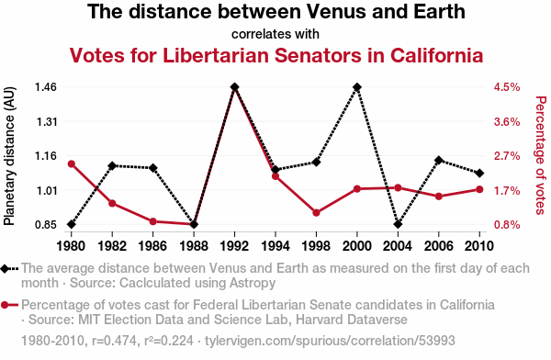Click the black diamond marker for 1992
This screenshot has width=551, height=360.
click(235, 87)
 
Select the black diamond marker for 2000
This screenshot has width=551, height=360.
click(357, 87)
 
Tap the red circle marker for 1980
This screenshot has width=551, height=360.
click(72, 164)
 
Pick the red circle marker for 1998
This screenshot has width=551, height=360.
click(316, 213)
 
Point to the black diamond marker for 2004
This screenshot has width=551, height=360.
click(398, 224)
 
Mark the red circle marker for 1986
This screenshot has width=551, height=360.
click(152, 221)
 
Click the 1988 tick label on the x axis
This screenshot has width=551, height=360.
click(194, 246)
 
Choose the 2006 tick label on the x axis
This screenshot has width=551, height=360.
click(439, 246)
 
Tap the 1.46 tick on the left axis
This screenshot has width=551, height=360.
click(46, 87)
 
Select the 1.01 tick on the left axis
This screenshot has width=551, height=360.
click(46, 190)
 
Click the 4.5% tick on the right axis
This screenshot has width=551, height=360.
click(507, 87)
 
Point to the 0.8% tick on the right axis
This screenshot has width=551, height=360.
click(507, 225)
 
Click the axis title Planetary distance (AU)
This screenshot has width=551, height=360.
click(9, 156)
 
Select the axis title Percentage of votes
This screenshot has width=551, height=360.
click(541, 155)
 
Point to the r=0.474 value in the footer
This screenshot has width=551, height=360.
click(116, 341)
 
